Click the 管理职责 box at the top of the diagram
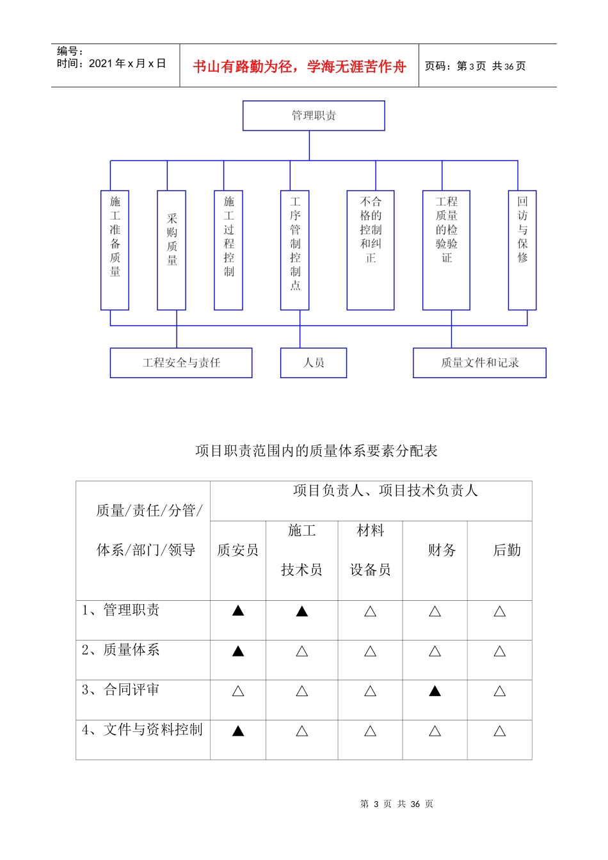pyautogui.click(x=314, y=116)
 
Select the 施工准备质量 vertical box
pyautogui.click(x=115, y=250)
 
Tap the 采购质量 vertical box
pyautogui.click(x=172, y=250)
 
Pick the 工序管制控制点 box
pyautogui.click(x=294, y=250)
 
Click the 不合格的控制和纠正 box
pyautogui.click(x=370, y=250)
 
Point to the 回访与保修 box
pyautogui.click(x=522, y=250)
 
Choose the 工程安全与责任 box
pyautogui.click(x=181, y=363)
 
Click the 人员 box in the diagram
pyautogui.click(x=314, y=363)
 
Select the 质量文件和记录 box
pyautogui.click(x=479, y=363)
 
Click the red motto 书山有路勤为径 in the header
pyautogui.click(x=299, y=67)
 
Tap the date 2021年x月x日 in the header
pyautogui.click(x=127, y=63)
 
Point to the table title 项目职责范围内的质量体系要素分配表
pyautogui.click(x=316, y=451)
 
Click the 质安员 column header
pyautogui.click(x=237, y=550)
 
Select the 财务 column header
pyautogui.click(x=442, y=550)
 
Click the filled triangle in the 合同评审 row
pyautogui.click(x=435, y=691)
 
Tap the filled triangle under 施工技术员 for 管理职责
pyautogui.click(x=302, y=611)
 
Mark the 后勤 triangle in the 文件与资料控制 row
pyautogui.click(x=500, y=731)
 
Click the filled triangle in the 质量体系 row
pyautogui.click(x=238, y=651)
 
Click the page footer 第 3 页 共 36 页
pyautogui.click(x=397, y=804)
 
